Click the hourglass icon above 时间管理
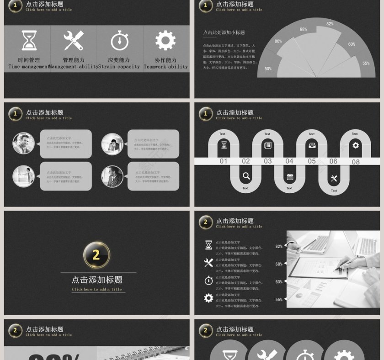pos(29,41)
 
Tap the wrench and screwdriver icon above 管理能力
pos(74,41)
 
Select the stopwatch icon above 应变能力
pos(120,41)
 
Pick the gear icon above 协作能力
pos(165,41)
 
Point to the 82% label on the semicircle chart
pos(330,24)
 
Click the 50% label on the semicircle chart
pos(268,69)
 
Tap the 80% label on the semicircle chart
pos(278,42)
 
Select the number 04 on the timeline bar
pos(289,161)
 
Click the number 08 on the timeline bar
pos(356,162)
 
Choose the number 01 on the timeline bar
pos(224,161)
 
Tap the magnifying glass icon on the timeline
pos(246,176)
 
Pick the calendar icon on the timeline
pos(290,177)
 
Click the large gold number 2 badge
pos(96,254)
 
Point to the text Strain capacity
pos(119,67)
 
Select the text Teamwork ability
pos(165,67)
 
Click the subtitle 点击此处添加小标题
pos(224,33)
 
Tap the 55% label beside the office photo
pos(279,300)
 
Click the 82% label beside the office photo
pos(279,246)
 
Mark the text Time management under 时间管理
pos(29,67)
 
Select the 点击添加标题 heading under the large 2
pos(97,280)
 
